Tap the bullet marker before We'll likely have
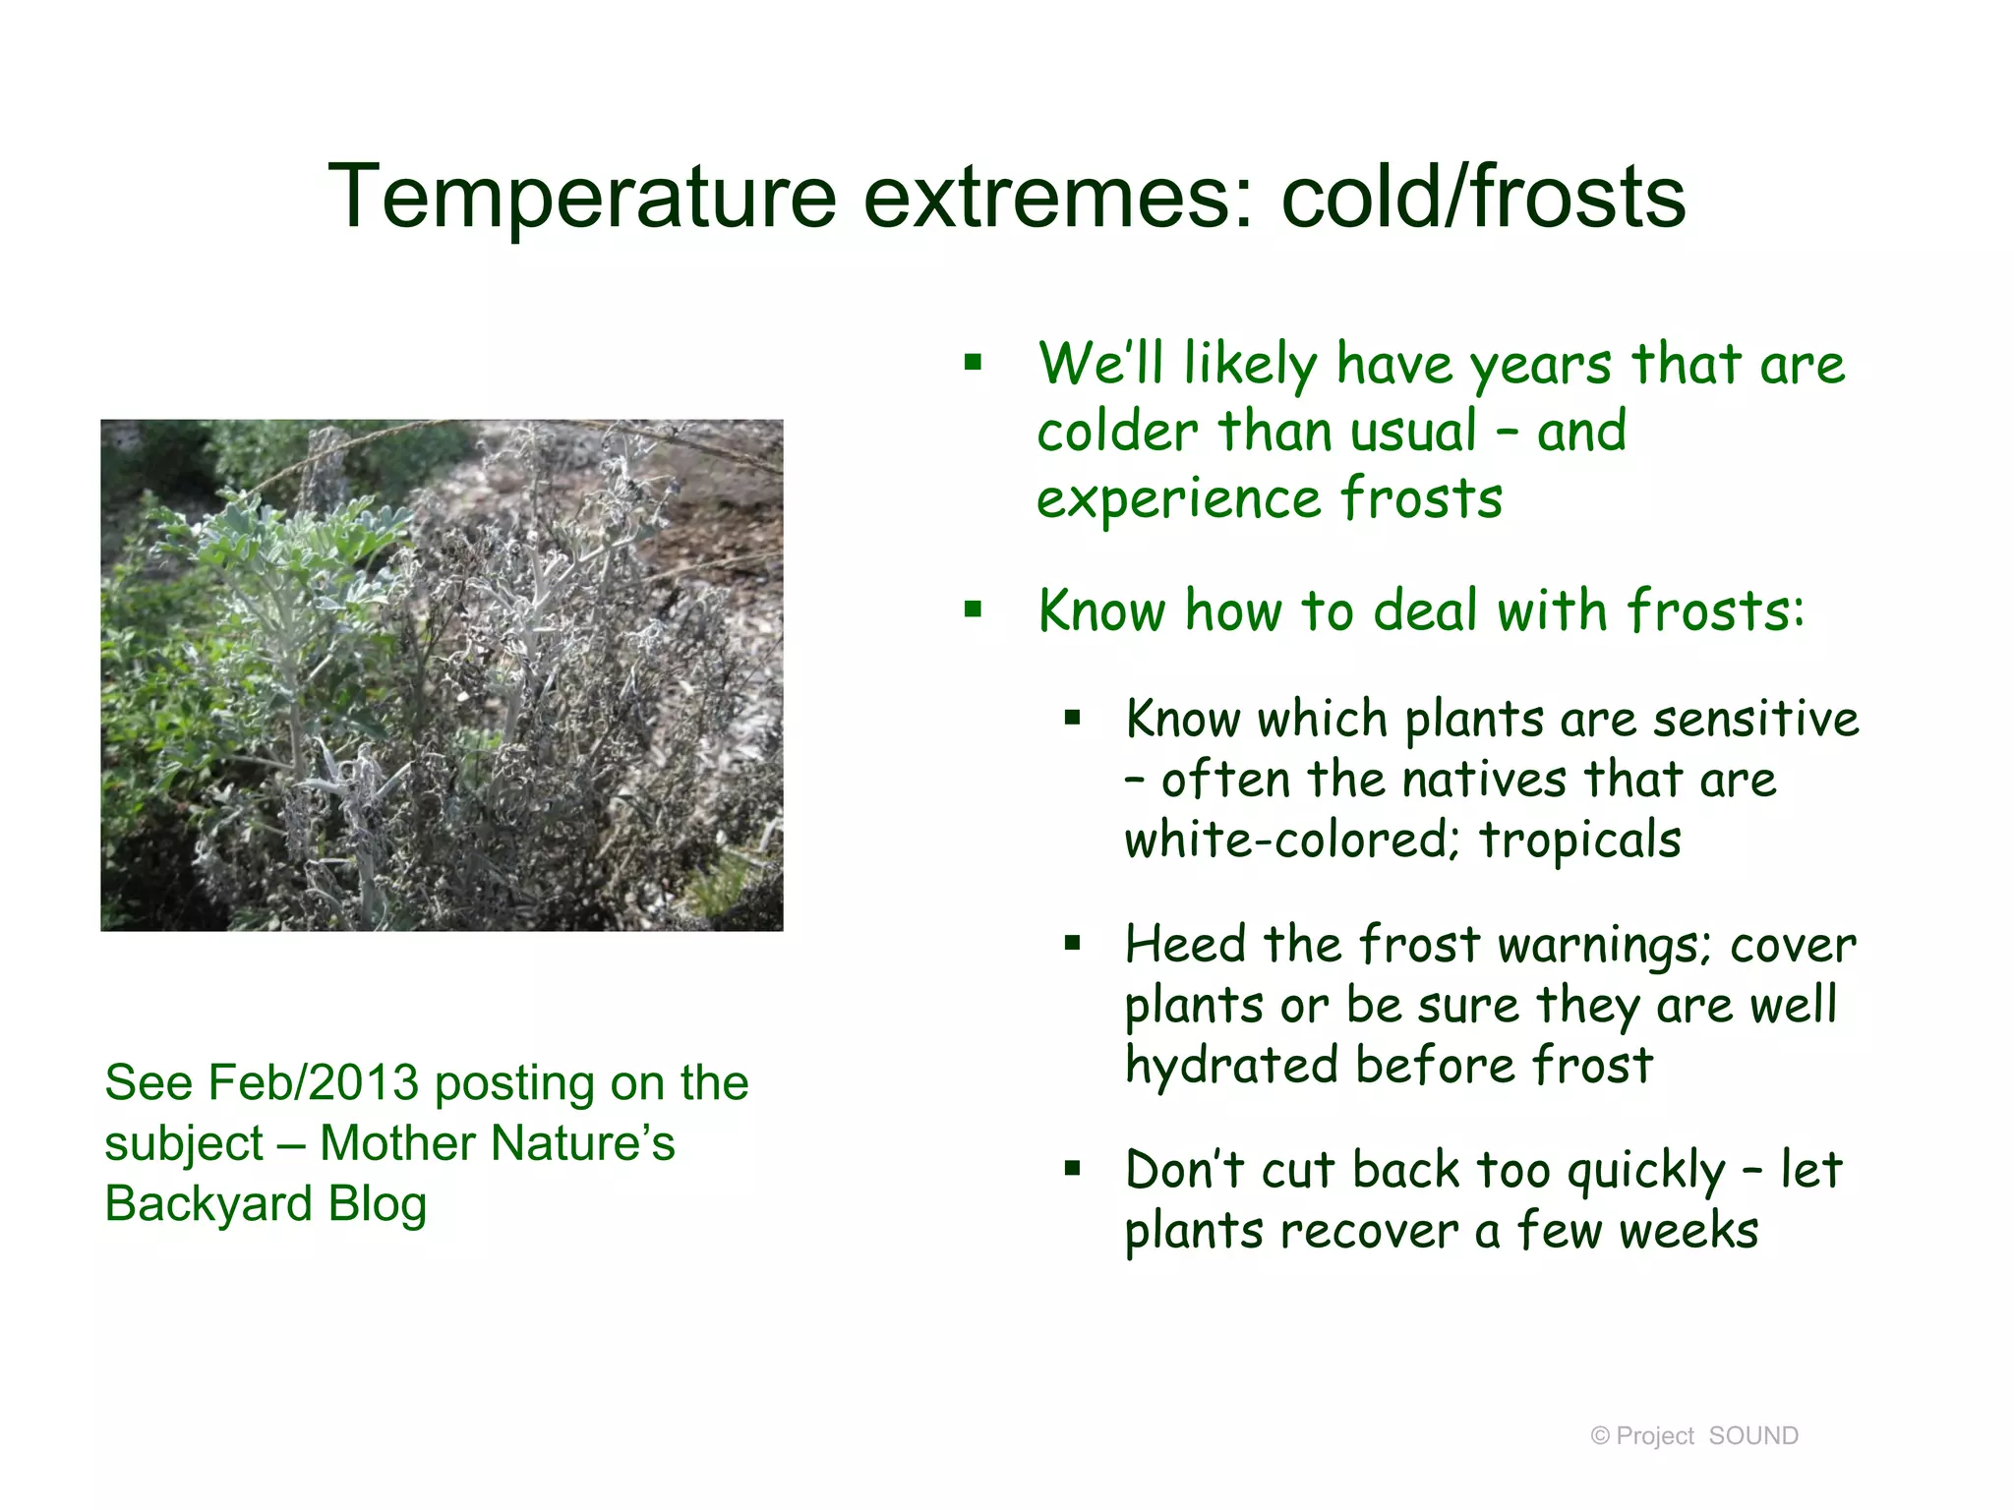(974, 363)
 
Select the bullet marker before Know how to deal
(974, 610)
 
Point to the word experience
(1176, 498)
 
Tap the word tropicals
(1580, 841)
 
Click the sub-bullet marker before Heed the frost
(1072, 945)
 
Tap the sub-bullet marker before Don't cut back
(1072, 1170)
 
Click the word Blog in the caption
(378, 1204)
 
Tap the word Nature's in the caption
(582, 1143)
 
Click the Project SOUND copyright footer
(1694, 1436)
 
